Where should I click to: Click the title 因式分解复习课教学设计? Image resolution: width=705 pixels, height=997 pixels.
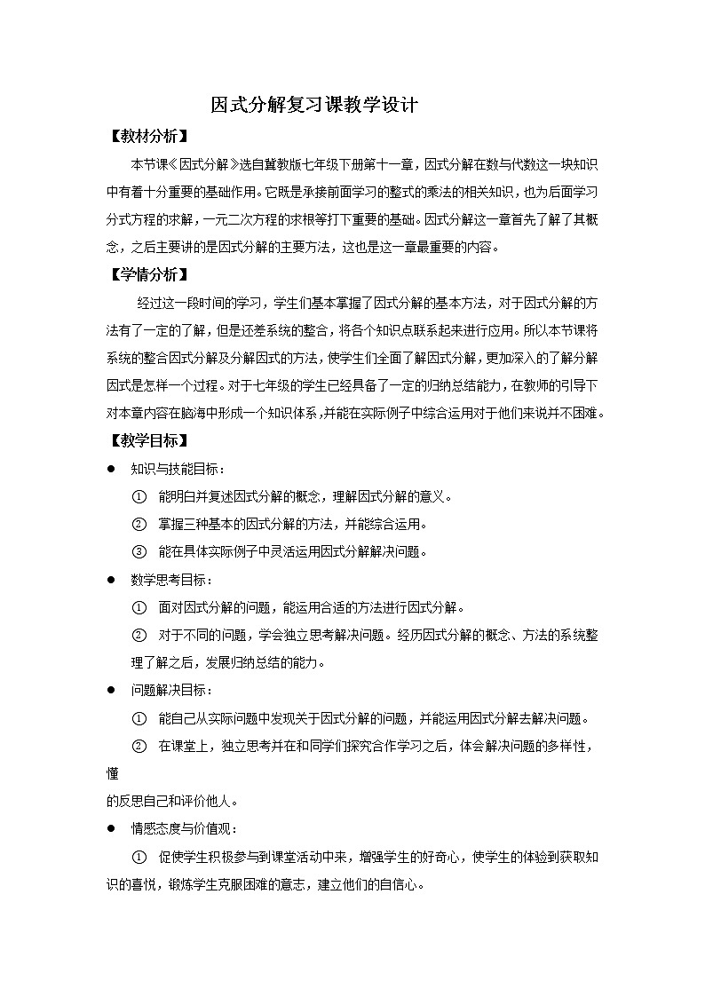pyautogui.click(x=313, y=106)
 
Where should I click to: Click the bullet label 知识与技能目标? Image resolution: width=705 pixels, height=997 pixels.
pyautogui.click(x=176, y=469)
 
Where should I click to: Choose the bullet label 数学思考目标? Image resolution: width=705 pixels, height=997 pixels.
pyautogui.click(x=170, y=580)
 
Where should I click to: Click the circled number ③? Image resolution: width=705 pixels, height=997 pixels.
pyautogui.click(x=139, y=551)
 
